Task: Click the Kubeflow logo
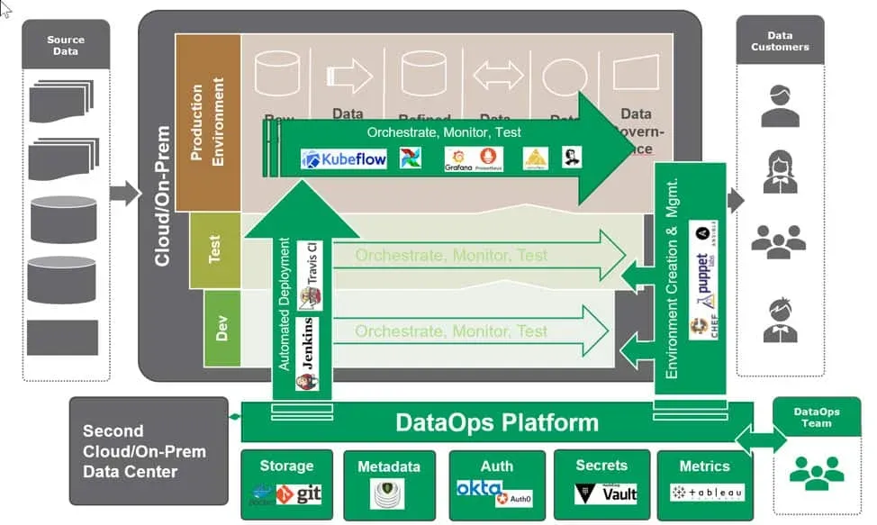[x=344, y=159]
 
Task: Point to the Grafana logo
[x=458, y=159]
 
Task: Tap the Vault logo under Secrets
[x=607, y=493]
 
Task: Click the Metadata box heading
[x=388, y=466]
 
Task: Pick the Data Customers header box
[x=780, y=40]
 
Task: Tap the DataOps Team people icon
[x=817, y=471]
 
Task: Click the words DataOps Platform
[x=496, y=421]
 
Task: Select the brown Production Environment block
[x=208, y=122]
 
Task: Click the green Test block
[x=215, y=250]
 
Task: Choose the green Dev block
[x=222, y=329]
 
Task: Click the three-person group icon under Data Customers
[x=779, y=239]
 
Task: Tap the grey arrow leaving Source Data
[x=124, y=192]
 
